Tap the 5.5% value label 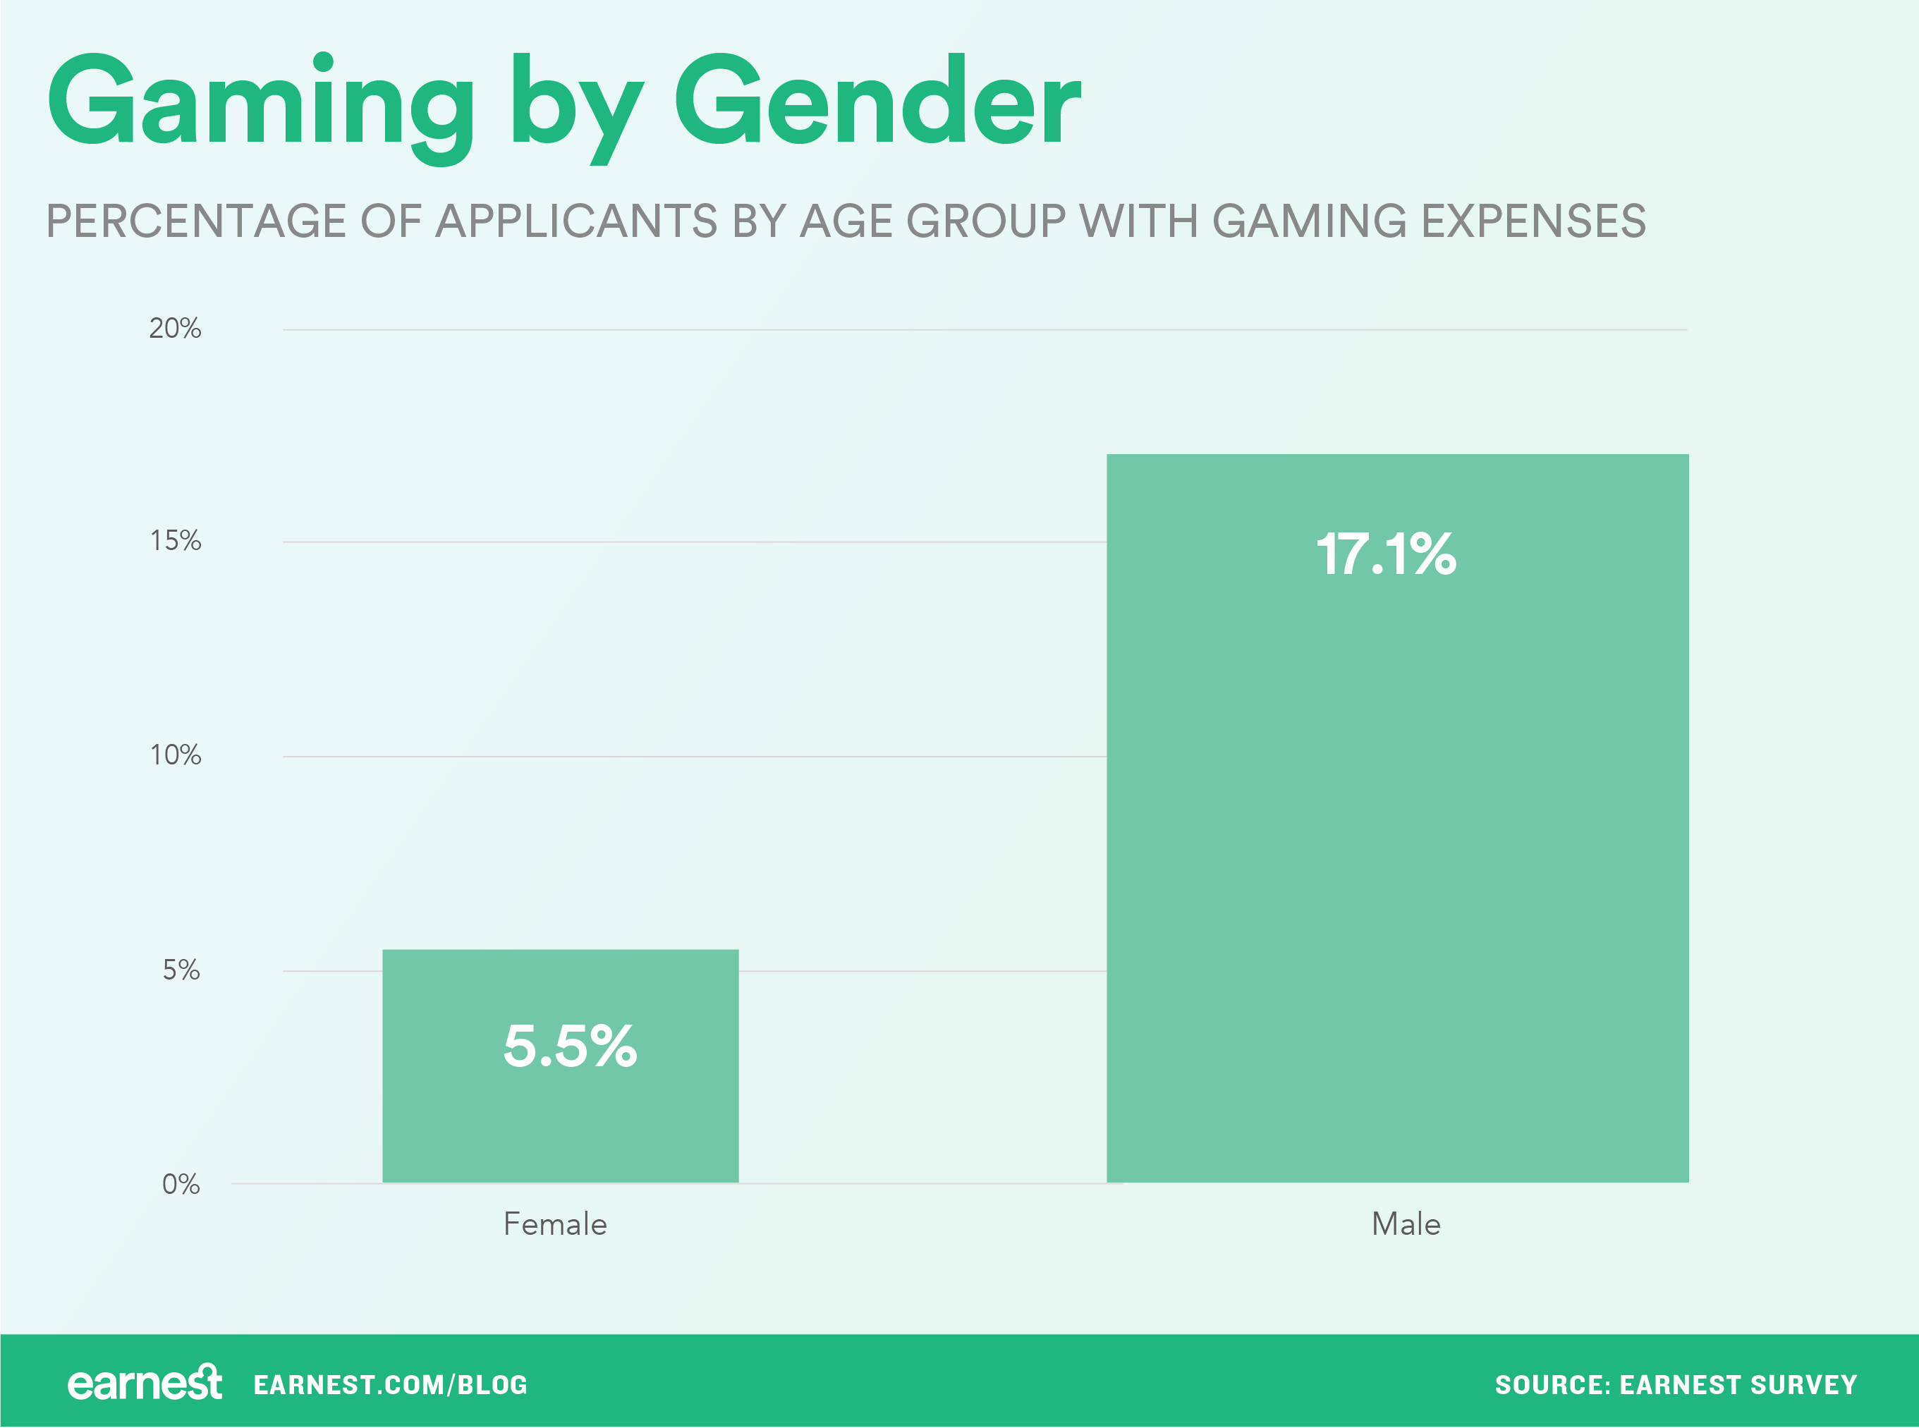[x=570, y=1046]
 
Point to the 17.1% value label [x=1386, y=554]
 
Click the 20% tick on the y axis [x=175, y=329]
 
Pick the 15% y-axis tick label [x=176, y=541]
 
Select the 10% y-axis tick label [x=176, y=755]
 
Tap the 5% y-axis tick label [x=181, y=970]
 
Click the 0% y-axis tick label [x=181, y=1184]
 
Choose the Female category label [x=555, y=1224]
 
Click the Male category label [x=1406, y=1224]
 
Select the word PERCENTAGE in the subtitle [x=195, y=221]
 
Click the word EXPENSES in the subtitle [x=1533, y=221]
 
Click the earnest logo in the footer [x=145, y=1384]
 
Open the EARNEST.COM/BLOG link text [x=390, y=1386]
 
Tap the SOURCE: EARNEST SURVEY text [x=1675, y=1386]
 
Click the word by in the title [x=575, y=108]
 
